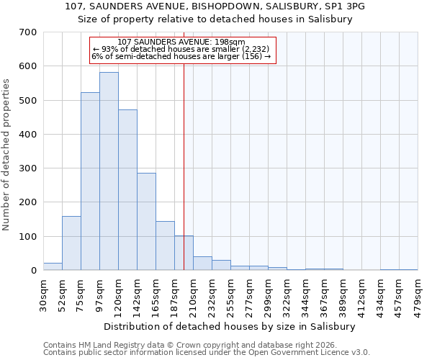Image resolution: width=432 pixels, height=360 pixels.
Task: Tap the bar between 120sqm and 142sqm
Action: (x=127, y=190)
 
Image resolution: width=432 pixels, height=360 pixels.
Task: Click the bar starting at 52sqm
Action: (x=71, y=243)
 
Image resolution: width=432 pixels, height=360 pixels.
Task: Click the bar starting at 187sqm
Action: (x=184, y=253)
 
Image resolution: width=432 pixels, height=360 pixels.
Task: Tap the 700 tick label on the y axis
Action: (x=28, y=32)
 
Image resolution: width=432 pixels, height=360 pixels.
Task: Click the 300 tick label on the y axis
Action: (x=28, y=168)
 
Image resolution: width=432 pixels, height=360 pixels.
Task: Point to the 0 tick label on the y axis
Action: (x=33, y=271)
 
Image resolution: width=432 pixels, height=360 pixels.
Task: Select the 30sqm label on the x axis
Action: (x=44, y=294)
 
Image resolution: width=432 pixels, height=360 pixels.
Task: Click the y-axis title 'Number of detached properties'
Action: (x=7, y=155)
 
